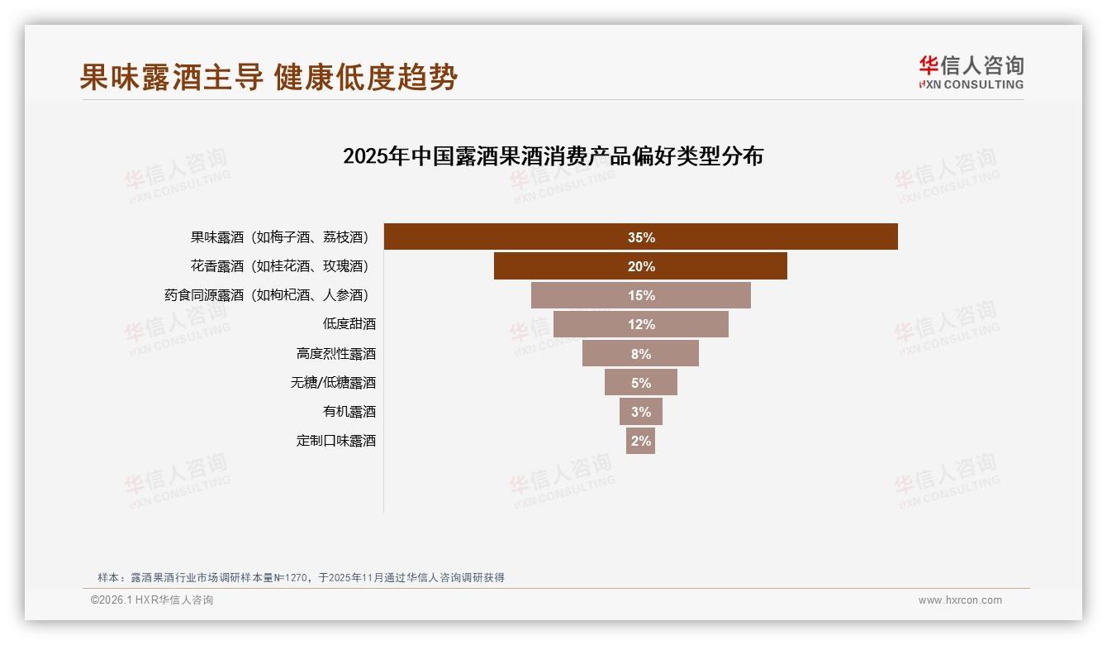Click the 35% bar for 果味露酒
[640, 237]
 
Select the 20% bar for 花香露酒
[640, 266]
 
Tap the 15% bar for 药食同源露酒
[640, 295]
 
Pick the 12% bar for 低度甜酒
[640, 324]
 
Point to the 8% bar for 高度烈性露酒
[640, 353]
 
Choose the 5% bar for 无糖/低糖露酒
[640, 382]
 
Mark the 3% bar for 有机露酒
[640, 411]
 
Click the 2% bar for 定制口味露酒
[640, 440]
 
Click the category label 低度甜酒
[349, 324]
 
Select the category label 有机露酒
[349, 411]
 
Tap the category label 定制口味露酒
[335, 440]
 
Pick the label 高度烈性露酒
[335, 353]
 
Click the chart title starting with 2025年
[553, 156]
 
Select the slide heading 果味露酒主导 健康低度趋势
[268, 78]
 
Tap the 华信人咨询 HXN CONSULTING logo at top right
[971, 72]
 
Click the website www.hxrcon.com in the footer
[960, 600]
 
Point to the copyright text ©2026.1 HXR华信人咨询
[152, 600]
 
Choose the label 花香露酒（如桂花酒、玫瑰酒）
[279, 266]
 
